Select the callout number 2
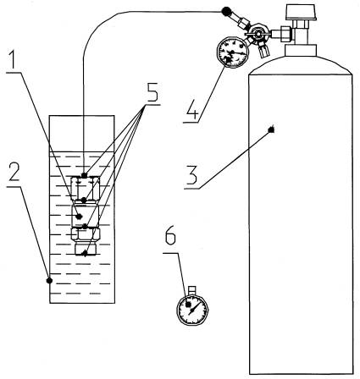click(x=14, y=172)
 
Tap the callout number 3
click(x=191, y=175)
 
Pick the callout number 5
click(x=152, y=92)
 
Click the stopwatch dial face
click(x=192, y=310)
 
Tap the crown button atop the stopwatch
click(x=192, y=290)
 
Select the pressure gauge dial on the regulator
click(x=233, y=52)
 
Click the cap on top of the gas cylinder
click(x=301, y=12)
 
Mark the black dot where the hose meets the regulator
click(x=225, y=12)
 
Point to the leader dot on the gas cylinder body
click(x=272, y=129)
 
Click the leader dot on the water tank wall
click(x=50, y=280)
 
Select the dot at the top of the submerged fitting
click(x=84, y=175)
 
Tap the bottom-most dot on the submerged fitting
click(x=85, y=254)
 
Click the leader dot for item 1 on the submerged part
click(x=80, y=217)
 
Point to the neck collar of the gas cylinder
click(x=301, y=50)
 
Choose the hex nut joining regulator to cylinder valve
click(x=285, y=32)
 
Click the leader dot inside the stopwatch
click(x=188, y=305)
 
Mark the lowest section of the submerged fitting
click(x=86, y=250)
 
